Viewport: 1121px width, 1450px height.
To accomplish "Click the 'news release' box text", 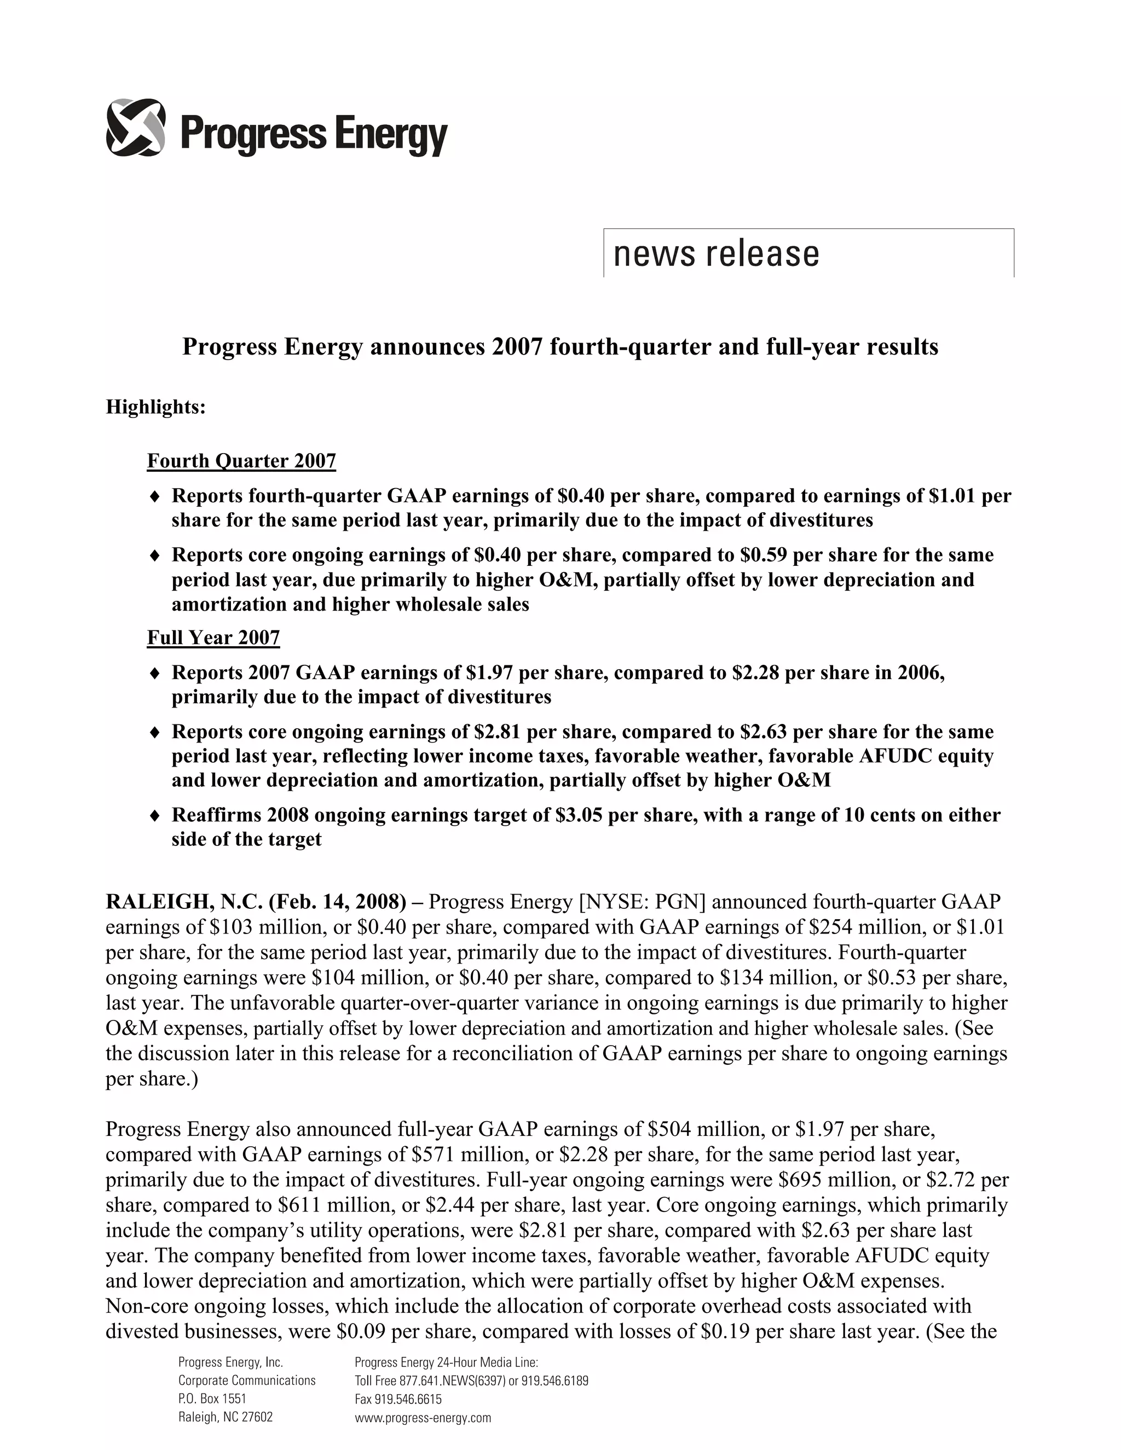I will [x=716, y=254].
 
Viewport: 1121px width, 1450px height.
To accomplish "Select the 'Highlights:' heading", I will [x=156, y=407].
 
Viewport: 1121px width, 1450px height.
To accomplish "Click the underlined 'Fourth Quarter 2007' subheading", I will [x=241, y=461].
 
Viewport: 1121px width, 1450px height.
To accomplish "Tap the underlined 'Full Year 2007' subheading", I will [x=213, y=638].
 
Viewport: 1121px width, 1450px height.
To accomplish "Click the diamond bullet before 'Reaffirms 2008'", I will [x=155, y=815].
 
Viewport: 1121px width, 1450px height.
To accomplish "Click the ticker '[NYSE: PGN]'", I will [x=642, y=902].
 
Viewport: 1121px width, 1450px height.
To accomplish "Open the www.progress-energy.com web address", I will [x=423, y=1418].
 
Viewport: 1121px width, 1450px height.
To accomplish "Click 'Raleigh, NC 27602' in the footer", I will [x=225, y=1418].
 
